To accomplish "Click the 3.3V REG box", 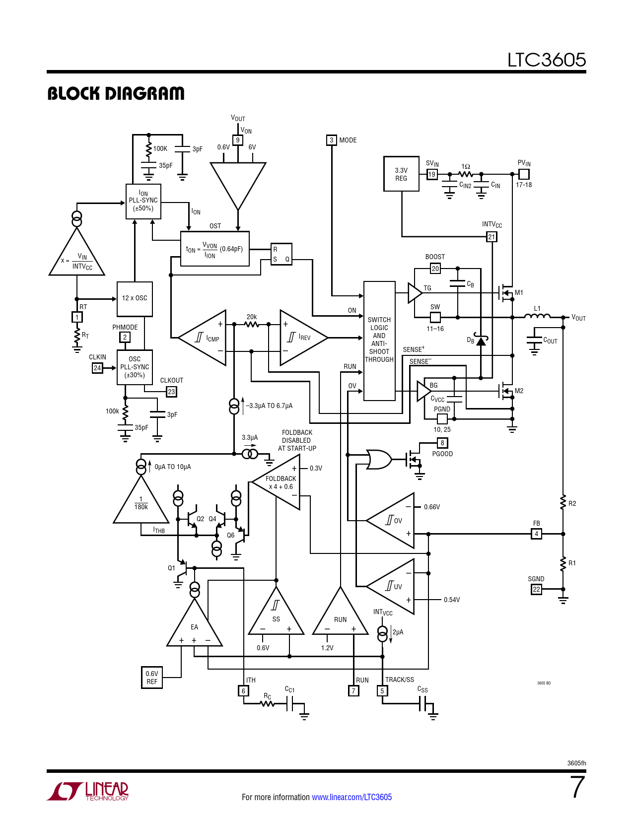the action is (x=401, y=174).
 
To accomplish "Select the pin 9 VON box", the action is (x=237, y=140).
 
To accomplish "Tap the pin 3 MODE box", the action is (x=331, y=140).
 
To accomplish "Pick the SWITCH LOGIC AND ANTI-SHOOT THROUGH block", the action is (x=379, y=341).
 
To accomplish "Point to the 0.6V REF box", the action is (x=152, y=678).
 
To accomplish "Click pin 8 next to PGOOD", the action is (x=442, y=443).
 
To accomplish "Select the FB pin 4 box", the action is (x=537, y=534).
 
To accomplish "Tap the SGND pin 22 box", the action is (x=537, y=589).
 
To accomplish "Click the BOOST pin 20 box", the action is (x=435, y=269).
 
